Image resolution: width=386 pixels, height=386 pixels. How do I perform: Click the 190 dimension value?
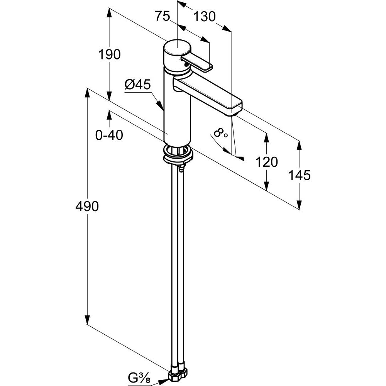(109, 54)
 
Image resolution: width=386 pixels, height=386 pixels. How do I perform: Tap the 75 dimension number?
(163, 16)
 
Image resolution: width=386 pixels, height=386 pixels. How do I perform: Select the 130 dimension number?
(204, 16)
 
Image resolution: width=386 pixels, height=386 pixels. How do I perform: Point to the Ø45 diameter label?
(137, 85)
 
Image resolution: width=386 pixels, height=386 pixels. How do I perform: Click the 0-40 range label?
(109, 135)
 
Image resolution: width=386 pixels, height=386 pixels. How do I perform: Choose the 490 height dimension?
(88, 207)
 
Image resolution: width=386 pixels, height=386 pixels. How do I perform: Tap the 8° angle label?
(220, 134)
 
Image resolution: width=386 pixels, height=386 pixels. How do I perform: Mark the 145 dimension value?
(300, 175)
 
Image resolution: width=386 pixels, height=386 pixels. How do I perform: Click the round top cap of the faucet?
(176, 49)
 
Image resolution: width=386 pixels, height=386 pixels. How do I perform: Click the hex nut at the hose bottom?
(179, 375)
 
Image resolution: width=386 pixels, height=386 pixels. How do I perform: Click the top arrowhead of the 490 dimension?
(88, 93)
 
